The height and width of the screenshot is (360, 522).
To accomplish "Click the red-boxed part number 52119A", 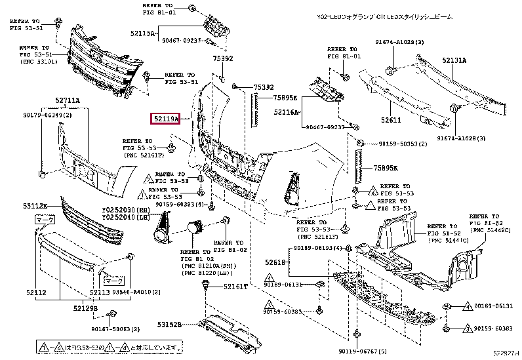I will [x=168, y=119].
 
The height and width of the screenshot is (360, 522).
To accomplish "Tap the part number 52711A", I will [x=67, y=100].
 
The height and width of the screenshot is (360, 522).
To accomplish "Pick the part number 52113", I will [x=82, y=292].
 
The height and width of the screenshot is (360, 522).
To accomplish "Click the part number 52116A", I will [x=287, y=113].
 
